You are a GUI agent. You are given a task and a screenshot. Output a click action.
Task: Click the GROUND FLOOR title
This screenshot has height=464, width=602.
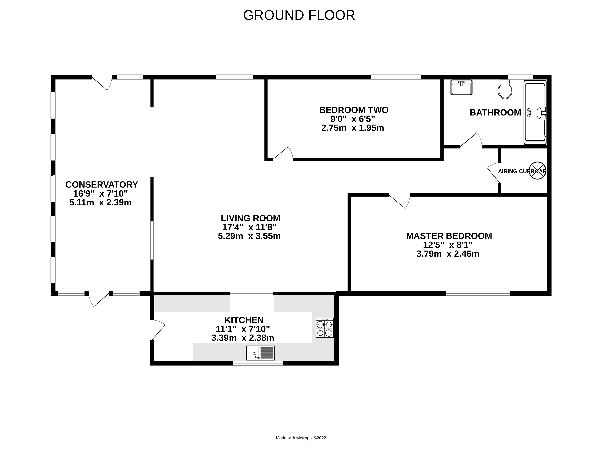click(299, 15)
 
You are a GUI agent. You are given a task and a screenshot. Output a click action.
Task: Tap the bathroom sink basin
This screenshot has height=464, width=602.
click(461, 88)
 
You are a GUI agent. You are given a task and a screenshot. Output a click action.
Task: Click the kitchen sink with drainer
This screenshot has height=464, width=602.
click(260, 353)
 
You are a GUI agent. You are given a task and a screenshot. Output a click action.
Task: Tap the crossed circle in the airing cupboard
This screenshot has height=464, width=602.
click(537, 171)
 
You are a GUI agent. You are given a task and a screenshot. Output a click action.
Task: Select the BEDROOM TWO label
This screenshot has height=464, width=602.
click(354, 110)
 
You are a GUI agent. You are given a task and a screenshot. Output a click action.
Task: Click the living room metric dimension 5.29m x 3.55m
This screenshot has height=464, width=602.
click(249, 236)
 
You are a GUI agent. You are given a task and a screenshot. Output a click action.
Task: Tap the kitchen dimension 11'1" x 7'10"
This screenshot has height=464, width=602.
click(243, 329)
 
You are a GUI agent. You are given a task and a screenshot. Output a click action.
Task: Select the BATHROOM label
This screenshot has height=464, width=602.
click(495, 113)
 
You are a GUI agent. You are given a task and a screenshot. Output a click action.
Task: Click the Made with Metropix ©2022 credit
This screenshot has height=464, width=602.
click(301, 438)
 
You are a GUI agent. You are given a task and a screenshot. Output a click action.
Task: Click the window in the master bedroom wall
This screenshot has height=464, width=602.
click(478, 293)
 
